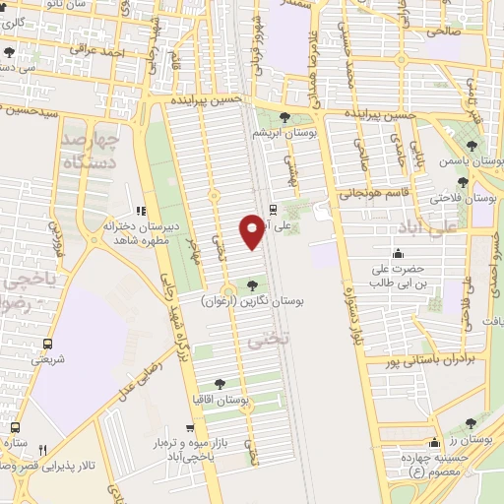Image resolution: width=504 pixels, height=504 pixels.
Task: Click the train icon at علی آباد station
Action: tap(273, 209)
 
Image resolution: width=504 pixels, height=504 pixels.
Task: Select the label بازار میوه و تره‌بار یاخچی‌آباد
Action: tap(197, 450)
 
